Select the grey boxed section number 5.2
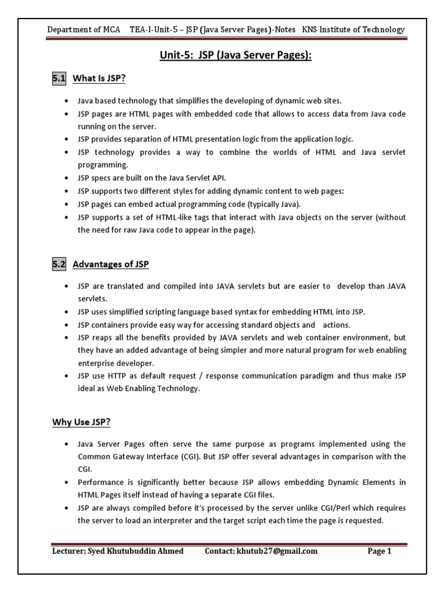pyautogui.click(x=60, y=265)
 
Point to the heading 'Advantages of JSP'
pyautogui.click(x=110, y=265)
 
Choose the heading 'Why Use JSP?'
pyautogui.click(x=81, y=422)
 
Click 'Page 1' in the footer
pyautogui.click(x=380, y=551)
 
